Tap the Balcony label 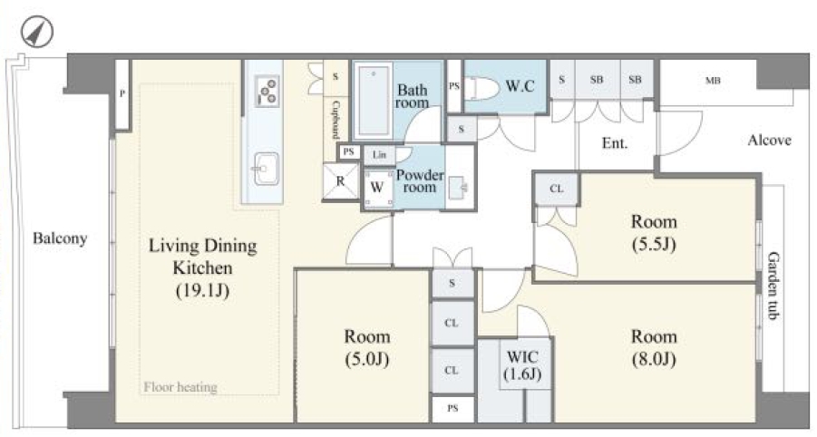[x=60, y=238]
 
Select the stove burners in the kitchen [x=267, y=92]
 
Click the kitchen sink [x=267, y=169]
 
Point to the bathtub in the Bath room [x=373, y=100]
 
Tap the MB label [x=713, y=81]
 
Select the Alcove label [x=770, y=141]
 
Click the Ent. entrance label [x=615, y=142]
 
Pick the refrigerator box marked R [x=341, y=181]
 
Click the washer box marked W [x=377, y=188]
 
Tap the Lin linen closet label [x=379, y=155]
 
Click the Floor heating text [x=180, y=387]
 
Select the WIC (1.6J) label [x=522, y=365]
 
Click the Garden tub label [x=773, y=286]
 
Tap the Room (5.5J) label [x=654, y=232]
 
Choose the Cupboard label [x=336, y=120]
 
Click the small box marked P [x=122, y=94]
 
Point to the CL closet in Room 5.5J [x=557, y=189]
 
